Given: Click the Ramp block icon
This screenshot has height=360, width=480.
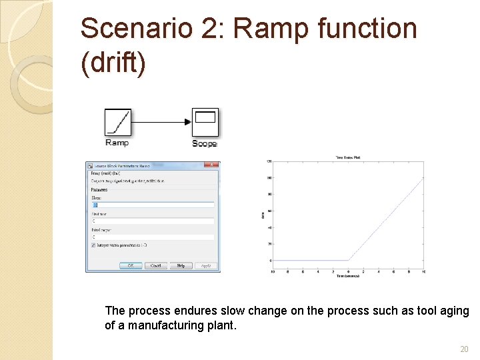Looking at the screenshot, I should [117, 122].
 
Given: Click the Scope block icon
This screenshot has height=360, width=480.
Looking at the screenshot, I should [205, 122].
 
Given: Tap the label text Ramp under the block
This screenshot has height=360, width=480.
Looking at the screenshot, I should [117, 143].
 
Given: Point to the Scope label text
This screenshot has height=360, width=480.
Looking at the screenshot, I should [204, 143].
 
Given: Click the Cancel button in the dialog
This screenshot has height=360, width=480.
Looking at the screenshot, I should [155, 265].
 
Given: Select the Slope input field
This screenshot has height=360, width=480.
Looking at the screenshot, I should [153, 205].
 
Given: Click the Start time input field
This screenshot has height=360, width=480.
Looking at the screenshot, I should [153, 221].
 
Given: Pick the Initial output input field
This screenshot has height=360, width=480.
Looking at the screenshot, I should [153, 237].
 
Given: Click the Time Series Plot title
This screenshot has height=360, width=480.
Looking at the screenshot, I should [348, 157].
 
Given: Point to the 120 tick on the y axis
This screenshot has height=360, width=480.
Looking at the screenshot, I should [269, 161].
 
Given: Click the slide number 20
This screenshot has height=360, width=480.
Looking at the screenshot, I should [465, 349].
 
